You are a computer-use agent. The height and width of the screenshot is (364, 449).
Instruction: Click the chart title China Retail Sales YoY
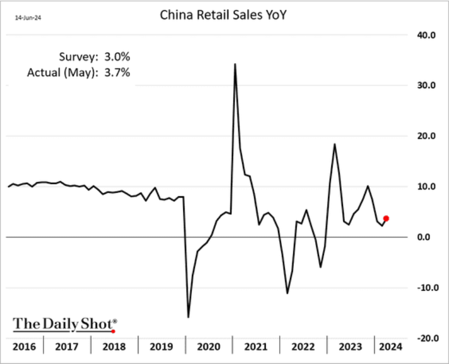[x=223, y=15]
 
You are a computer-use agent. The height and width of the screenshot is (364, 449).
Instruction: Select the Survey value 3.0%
[x=118, y=57]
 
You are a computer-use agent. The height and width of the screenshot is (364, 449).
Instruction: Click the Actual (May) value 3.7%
[x=118, y=72]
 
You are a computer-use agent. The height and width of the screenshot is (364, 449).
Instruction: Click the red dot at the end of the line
[x=386, y=219]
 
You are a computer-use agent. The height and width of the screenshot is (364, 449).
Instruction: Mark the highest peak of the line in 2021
[x=235, y=64]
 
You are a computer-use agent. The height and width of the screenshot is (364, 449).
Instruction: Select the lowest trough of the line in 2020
[x=188, y=317]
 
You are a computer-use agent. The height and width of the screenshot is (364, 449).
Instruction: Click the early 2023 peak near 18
[x=335, y=144]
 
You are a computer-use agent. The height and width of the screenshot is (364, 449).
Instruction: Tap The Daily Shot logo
[x=65, y=324]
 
